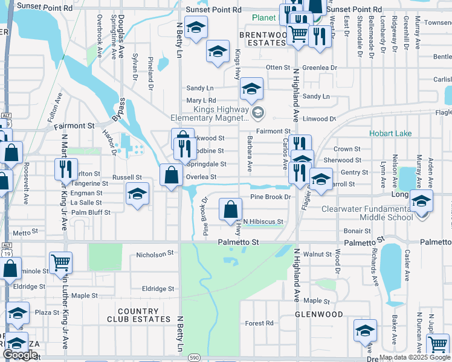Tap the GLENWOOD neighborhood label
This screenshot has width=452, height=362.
[x=318, y=314]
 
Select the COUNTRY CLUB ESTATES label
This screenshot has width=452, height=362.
[x=133, y=315]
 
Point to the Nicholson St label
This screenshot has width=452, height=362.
[x=155, y=255]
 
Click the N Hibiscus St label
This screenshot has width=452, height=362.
[x=263, y=222]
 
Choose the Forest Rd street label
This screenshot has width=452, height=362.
[x=259, y=323]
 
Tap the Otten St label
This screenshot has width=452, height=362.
[x=278, y=68]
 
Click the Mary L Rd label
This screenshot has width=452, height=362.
[x=201, y=100]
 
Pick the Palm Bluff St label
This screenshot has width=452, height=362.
[x=91, y=212]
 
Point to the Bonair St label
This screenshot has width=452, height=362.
[x=357, y=231]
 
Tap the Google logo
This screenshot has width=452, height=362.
[x=20, y=355]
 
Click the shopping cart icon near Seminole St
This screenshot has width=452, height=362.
[x=60, y=263]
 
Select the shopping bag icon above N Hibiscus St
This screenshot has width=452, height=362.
[x=230, y=210]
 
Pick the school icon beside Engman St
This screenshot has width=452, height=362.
[x=138, y=194]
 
